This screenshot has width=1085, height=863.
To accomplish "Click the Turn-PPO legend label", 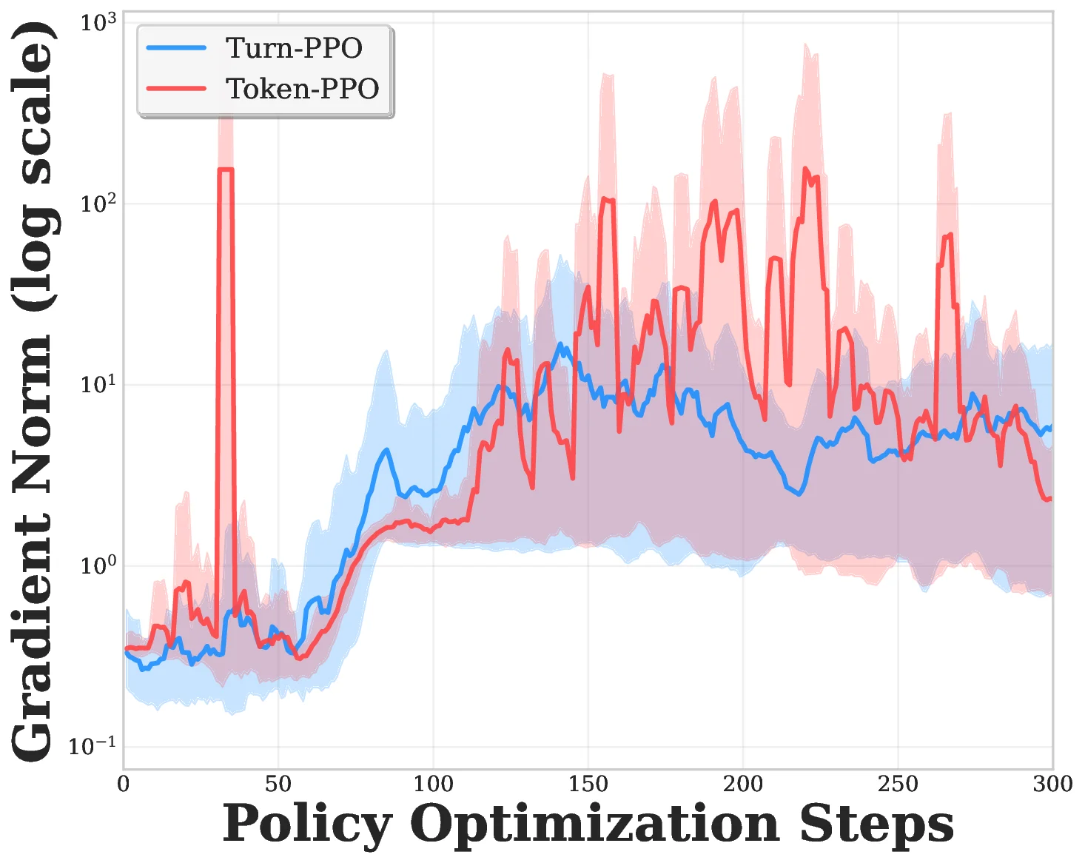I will tap(294, 48).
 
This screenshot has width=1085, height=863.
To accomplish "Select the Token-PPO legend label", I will tap(302, 89).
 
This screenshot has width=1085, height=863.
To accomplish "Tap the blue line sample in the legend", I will tap(176, 48).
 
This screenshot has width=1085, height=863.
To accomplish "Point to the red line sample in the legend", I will tap(176, 89).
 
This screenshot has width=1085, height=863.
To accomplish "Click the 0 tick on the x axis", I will tap(124, 784).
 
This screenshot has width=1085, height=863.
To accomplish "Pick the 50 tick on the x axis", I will tap(278, 784).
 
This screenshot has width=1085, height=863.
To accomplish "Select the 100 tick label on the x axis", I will tap(433, 784).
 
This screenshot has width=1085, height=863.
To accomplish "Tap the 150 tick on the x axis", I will tap(588, 784).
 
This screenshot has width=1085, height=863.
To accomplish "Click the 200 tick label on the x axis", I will tap(742, 784).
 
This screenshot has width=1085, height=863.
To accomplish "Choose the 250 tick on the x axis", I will tap(898, 784).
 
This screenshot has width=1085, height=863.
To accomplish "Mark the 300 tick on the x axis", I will tap(1052, 784).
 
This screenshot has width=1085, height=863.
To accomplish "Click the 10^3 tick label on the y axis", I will tap(98, 23).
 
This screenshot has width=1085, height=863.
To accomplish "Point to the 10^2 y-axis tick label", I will tap(98, 204).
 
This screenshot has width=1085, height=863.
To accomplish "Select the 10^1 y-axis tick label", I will tap(98, 385).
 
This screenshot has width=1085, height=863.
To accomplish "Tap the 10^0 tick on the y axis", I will tap(98, 566).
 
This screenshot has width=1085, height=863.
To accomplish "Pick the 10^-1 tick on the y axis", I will tap(93, 747).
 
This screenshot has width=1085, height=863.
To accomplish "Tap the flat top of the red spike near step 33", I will tap(226, 169).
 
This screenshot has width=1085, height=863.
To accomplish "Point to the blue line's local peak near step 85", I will tap(386, 450).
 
